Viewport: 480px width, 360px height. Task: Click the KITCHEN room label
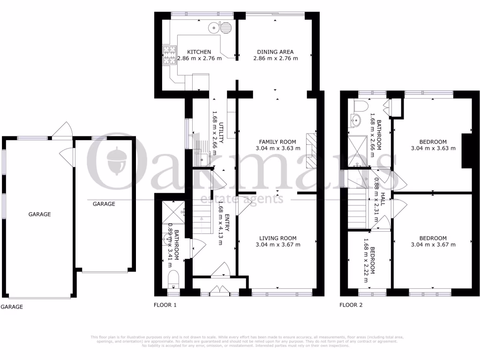click(x=199, y=52)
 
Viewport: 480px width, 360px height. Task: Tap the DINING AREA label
click(x=275, y=52)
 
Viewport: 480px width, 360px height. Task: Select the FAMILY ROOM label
click(x=278, y=142)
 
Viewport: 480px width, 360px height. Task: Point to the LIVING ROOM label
click(x=278, y=238)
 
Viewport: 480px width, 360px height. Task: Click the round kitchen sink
click(x=215, y=28)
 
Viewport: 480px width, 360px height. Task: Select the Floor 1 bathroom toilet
click(x=172, y=279)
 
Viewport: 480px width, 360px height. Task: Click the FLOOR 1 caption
click(x=165, y=305)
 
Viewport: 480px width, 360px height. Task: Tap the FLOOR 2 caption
click(x=351, y=305)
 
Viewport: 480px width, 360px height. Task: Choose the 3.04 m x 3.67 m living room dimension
click(x=278, y=245)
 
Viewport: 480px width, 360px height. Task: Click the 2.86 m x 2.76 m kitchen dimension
click(x=199, y=59)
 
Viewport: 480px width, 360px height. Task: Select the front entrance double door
click(x=217, y=291)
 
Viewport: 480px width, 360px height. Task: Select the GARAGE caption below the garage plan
click(x=11, y=307)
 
